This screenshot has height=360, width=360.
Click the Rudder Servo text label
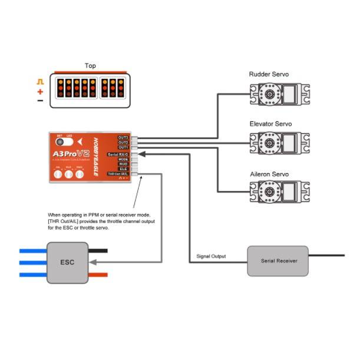coord(269,74)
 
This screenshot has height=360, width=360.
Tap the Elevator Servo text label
coord(270,124)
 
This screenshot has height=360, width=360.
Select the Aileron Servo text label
coord(269,174)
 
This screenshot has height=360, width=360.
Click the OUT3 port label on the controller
coord(123,137)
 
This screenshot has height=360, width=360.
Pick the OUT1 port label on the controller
coord(123,147)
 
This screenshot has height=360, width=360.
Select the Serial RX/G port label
coord(118,154)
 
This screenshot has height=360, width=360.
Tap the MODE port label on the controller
coord(123,159)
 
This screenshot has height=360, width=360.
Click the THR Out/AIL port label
coord(117,174)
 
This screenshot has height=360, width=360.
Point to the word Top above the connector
coord(90,66)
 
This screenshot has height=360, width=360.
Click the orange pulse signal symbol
coord(40,81)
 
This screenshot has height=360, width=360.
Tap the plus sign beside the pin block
coord(40,92)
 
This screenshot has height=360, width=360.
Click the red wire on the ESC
coord(98,275)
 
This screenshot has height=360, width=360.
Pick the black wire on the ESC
coord(98,250)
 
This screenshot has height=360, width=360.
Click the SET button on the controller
coord(60,142)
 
